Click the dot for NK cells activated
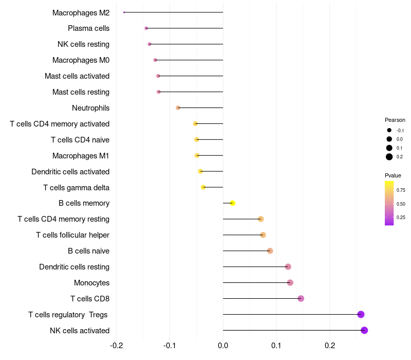pos(364,330)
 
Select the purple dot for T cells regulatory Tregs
pos(361,314)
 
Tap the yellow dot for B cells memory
pos(232,203)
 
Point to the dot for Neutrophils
pos(178,107)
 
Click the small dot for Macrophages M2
pos(124,12)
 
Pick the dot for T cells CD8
pos(301,298)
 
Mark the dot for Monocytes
pos(290,282)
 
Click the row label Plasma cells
pos(88,28)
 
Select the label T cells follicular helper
pos(72,235)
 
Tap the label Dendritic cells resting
pos(74,267)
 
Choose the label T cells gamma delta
pos(76,187)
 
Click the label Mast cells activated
pos(77,76)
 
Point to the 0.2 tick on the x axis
pos(329,345)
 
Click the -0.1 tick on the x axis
pos(170,345)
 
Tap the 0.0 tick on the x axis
pos(223,345)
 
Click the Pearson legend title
pos(395,120)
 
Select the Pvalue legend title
pos(393,175)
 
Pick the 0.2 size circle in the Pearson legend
pos(389,157)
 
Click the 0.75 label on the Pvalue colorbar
pos(401,190)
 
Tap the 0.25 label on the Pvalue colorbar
pos(401,218)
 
